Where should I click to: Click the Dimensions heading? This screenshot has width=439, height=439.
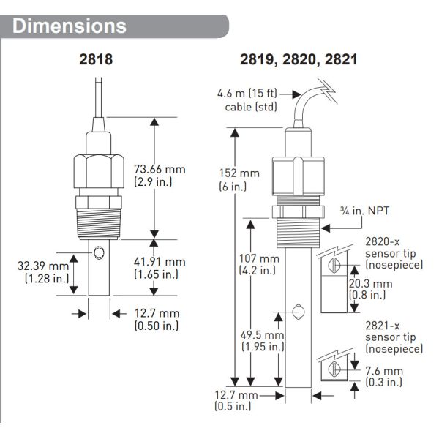pos(70,26)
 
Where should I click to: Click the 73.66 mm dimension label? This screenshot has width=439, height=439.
pos(160,176)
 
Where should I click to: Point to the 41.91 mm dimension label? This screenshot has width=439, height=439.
pos(160,267)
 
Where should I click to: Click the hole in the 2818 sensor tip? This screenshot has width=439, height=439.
pos(98,256)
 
